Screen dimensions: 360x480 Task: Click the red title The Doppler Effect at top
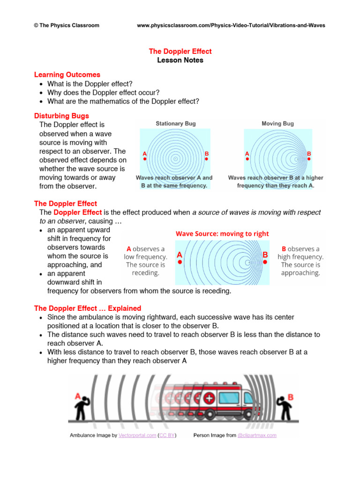180,51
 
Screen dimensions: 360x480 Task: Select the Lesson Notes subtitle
180,60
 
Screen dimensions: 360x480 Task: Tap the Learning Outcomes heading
67,75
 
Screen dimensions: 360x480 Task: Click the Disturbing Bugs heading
61,116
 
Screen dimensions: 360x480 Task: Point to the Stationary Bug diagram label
176,124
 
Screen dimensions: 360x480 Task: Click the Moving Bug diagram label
277,124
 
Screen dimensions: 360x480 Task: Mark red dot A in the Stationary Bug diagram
145,159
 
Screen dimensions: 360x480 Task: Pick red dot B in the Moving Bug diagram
309,159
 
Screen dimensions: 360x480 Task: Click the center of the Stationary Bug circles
175,158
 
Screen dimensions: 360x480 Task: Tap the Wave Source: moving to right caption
222,234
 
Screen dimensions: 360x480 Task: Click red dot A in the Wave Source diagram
180,262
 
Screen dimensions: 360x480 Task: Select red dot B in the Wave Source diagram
265,262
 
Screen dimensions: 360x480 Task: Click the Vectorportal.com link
137,435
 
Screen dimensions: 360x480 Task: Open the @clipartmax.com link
257,435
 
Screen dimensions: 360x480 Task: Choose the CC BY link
167,435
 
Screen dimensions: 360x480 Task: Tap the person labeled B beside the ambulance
285,408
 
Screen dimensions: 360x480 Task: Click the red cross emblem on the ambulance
210,398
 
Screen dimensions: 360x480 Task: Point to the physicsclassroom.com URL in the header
231,25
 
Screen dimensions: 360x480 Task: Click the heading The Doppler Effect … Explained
88,308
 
